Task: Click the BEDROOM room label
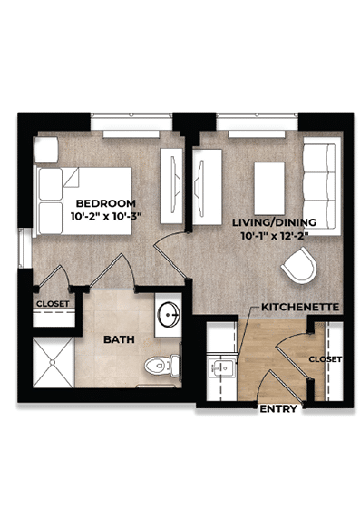tap(106, 202)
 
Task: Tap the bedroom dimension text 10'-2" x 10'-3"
tap(106, 217)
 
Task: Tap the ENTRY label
tap(278, 409)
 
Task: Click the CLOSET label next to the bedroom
tap(53, 304)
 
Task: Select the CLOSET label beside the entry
tap(325, 359)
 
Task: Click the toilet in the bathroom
tap(161, 366)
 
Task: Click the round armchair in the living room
tap(300, 266)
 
